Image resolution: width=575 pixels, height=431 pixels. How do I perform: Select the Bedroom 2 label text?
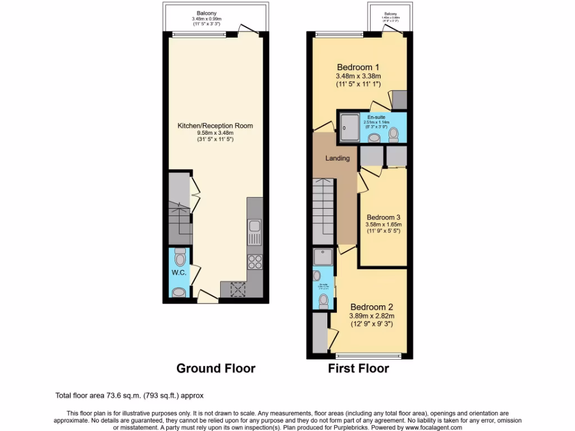click(x=371, y=307)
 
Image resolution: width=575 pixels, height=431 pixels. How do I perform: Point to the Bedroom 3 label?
click(x=384, y=217)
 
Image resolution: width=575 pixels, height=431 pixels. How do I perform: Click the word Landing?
click(x=337, y=158)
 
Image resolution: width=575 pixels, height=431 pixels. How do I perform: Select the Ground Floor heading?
click(x=216, y=369)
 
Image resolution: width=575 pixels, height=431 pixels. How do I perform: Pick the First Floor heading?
click(x=358, y=369)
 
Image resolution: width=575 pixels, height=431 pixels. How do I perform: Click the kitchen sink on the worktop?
click(x=254, y=227)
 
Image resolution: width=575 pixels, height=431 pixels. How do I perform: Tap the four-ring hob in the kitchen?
click(x=254, y=262)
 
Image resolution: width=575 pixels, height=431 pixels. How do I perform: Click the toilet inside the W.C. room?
click(x=180, y=258)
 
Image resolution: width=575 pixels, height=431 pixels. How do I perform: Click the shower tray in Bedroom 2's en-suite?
click(x=324, y=257)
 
